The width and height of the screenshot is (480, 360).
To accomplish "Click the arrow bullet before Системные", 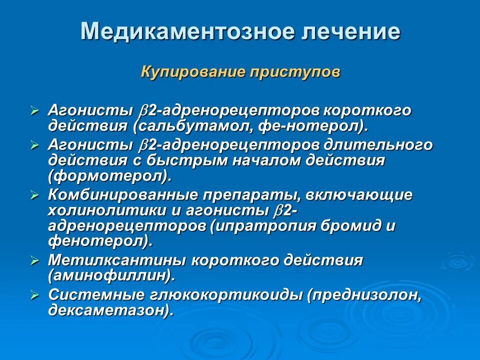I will [x=34, y=295].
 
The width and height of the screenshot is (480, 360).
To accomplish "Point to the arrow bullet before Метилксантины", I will [x=34, y=260].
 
